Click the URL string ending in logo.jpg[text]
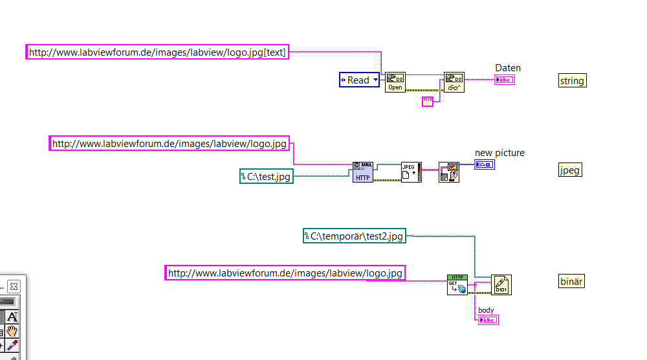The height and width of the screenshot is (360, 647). (x=157, y=52)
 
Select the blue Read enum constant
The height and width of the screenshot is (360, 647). (x=359, y=80)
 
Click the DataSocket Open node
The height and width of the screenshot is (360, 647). (x=395, y=82)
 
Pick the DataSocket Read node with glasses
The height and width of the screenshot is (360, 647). (x=454, y=82)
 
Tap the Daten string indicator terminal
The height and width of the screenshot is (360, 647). (x=505, y=80)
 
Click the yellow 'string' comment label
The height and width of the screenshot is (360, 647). (x=572, y=80)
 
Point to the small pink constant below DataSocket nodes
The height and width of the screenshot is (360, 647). (x=428, y=101)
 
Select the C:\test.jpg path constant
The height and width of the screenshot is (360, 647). (x=267, y=175)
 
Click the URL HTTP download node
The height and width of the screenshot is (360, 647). (x=363, y=172)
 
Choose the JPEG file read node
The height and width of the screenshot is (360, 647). (x=411, y=172)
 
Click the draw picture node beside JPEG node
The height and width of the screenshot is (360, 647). (x=448, y=172)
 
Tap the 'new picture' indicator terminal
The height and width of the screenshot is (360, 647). (x=485, y=165)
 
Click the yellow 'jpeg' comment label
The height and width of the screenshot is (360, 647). (x=570, y=170)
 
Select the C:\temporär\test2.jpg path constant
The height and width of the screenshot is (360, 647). (x=355, y=236)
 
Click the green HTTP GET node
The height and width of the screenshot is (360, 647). (x=457, y=285)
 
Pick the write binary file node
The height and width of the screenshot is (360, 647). (x=501, y=285)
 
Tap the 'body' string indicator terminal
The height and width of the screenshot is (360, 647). (x=488, y=320)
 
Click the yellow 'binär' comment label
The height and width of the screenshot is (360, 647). (x=572, y=281)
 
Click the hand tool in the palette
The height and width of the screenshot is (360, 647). (x=13, y=332)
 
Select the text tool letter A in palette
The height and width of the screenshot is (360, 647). (x=13, y=317)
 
